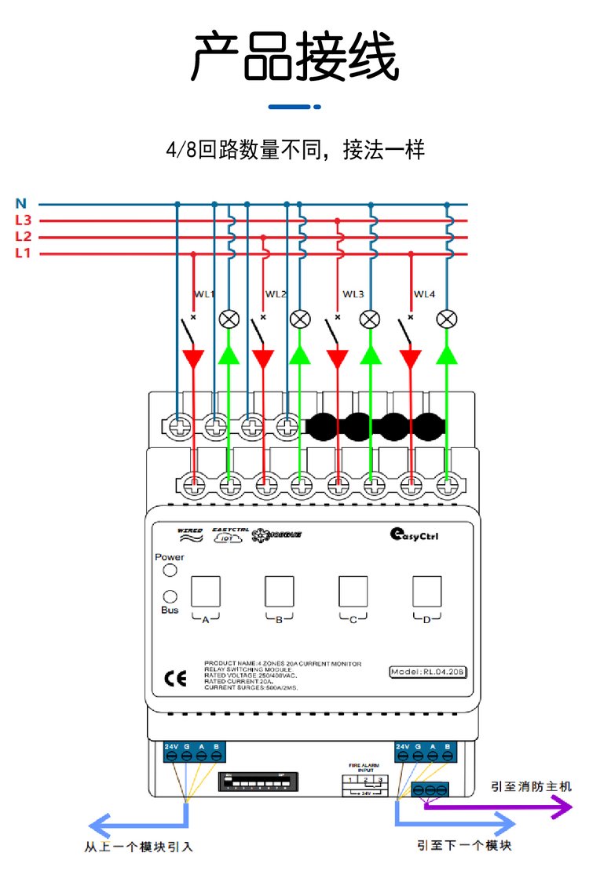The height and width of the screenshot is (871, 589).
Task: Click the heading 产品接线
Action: click(x=294, y=57)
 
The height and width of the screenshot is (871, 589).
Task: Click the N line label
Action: click(x=21, y=204)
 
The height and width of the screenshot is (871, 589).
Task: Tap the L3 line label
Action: click(x=23, y=220)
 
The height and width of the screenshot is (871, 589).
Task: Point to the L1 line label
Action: click(x=23, y=253)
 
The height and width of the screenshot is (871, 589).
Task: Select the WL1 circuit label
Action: click(x=204, y=294)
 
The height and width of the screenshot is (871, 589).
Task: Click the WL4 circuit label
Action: click(x=424, y=294)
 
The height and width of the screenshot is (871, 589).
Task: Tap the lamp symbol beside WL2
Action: click(x=299, y=319)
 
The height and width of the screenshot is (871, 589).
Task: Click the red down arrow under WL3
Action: click(x=338, y=359)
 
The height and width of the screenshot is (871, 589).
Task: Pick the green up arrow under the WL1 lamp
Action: click(x=229, y=355)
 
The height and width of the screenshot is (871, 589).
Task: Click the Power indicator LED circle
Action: click(x=170, y=571)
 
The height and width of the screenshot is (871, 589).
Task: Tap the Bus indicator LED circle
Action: click(x=170, y=596)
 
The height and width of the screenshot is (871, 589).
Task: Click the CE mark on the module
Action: click(x=174, y=678)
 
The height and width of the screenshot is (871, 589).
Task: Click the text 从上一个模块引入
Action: click(x=138, y=847)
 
